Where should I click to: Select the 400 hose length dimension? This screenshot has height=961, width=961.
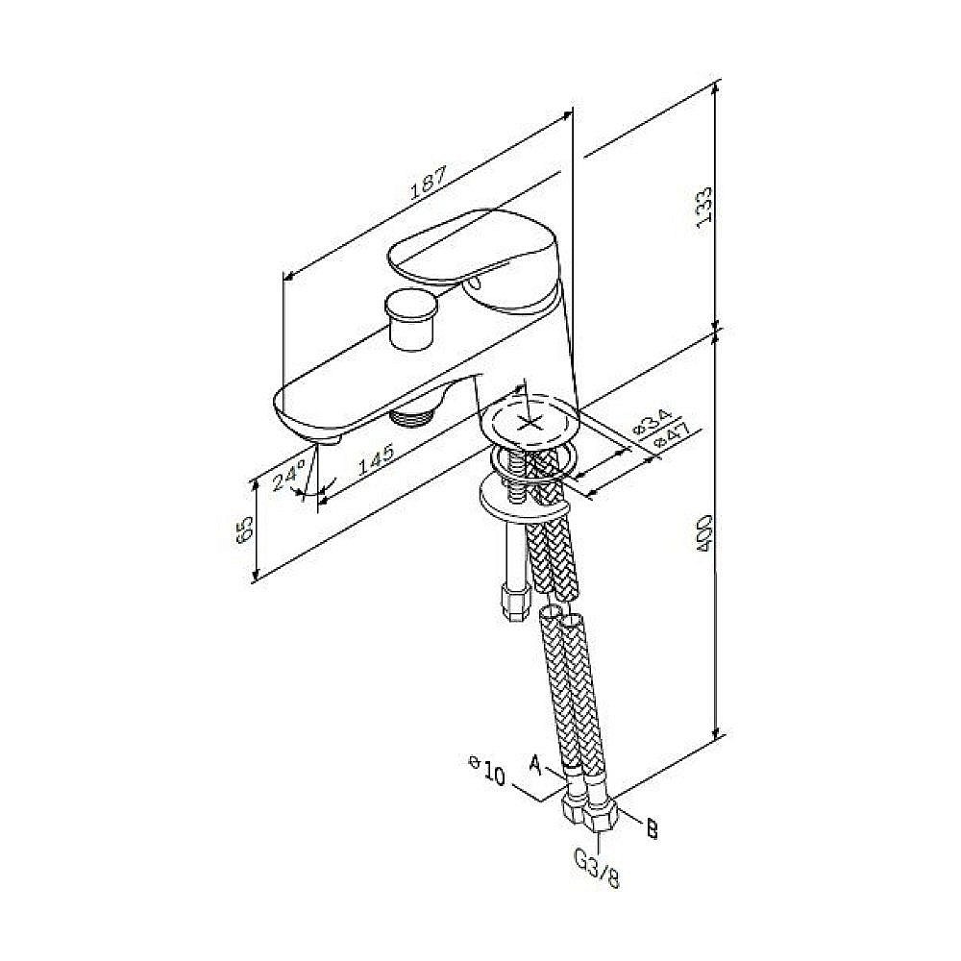pyautogui.click(x=703, y=533)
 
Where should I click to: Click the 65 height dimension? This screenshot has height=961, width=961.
pyautogui.click(x=244, y=529)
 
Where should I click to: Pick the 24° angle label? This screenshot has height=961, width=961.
pyautogui.click(x=290, y=475)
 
